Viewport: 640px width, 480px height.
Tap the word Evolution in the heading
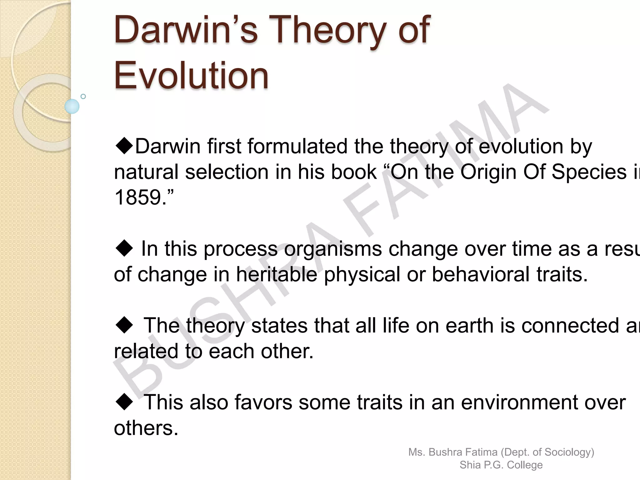coord(191,75)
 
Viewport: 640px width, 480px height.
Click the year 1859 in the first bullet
coord(137,197)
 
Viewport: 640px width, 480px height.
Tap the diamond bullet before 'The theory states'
coord(124,325)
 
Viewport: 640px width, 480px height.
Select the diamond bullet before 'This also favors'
coord(124,402)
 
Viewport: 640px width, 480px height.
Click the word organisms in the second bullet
coord(333,249)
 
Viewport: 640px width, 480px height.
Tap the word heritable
coord(276,274)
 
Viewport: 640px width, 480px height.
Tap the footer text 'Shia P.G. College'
coord(501,465)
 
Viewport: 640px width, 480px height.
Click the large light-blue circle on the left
coord(72,106)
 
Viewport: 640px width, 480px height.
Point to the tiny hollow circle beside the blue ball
coord(83,96)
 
